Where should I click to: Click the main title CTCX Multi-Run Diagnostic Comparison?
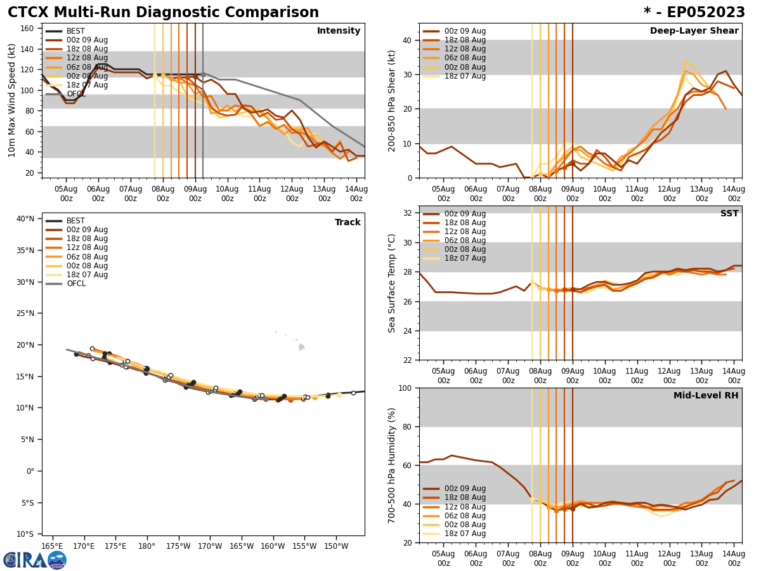click(163, 13)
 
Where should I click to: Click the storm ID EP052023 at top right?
click(701, 13)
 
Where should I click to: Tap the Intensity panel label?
click(339, 31)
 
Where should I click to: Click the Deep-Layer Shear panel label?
click(694, 31)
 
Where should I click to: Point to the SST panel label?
click(729, 214)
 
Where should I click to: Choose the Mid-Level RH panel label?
click(706, 396)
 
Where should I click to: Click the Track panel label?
click(348, 223)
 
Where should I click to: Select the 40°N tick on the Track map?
click(25, 219)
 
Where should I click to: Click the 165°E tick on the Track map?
click(52, 546)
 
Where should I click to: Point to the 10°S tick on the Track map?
click(25, 534)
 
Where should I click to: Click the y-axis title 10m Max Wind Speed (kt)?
click(12, 100)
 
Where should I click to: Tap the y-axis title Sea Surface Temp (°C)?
click(393, 283)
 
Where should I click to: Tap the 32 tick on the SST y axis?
click(408, 213)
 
